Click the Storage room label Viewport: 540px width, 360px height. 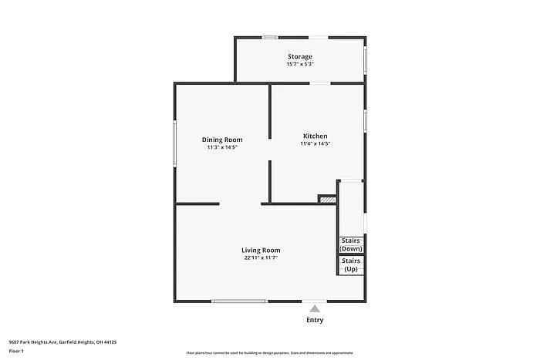[300, 57]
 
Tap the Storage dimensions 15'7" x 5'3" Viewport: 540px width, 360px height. [300, 65]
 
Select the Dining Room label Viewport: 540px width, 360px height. [222, 140]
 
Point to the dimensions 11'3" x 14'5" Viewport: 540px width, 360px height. [222, 147]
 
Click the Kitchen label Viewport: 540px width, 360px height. [315, 136]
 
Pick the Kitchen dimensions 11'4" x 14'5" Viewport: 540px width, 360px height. [315, 143]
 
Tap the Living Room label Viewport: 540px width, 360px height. [261, 250]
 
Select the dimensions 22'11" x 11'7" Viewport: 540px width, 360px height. [261, 257]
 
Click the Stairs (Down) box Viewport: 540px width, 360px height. [351, 245]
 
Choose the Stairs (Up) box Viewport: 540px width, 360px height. [351, 265]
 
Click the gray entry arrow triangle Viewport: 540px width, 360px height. [315, 308]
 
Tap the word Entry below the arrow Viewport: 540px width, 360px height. [315, 320]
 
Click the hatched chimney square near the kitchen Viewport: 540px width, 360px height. [328, 200]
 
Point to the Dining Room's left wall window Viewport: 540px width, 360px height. [175, 142]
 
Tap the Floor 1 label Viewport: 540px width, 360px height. [16, 352]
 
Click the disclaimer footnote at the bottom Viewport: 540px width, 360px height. [269, 352]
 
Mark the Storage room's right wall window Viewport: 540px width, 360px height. [365, 59]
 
